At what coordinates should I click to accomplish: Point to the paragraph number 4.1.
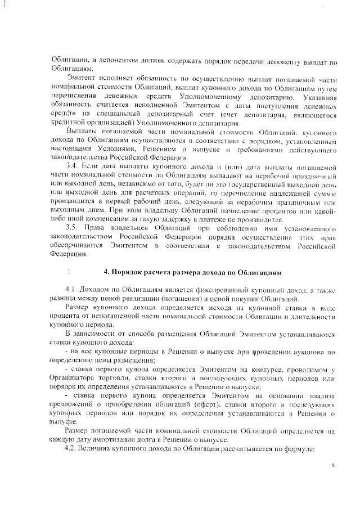tap(73, 289)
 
